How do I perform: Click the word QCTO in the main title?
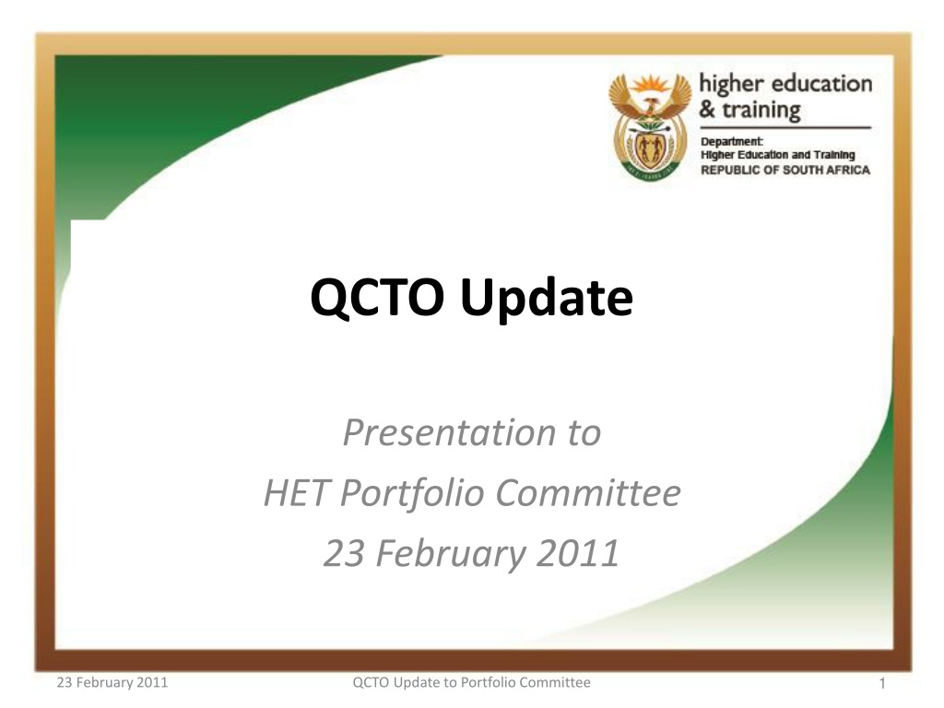377,298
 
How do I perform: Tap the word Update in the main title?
547,298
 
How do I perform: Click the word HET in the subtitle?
295,492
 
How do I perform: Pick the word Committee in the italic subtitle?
588,493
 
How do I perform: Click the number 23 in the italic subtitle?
344,553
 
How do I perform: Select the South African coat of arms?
650,125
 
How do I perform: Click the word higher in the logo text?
731,85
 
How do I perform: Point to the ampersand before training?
707,109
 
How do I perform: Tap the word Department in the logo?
731,141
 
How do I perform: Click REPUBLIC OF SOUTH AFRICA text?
785,170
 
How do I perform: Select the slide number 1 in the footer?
882,683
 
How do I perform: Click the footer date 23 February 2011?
112,682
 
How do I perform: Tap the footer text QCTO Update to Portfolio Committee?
471,682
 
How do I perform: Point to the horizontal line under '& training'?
785,127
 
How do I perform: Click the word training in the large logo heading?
761,111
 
